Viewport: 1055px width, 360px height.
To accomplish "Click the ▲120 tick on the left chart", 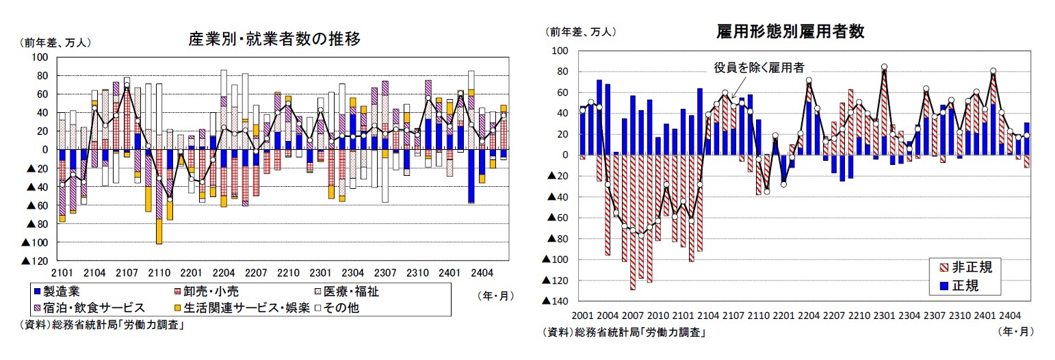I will pos(36,261).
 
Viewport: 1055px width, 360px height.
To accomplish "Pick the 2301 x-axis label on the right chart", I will pos(884,316).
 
